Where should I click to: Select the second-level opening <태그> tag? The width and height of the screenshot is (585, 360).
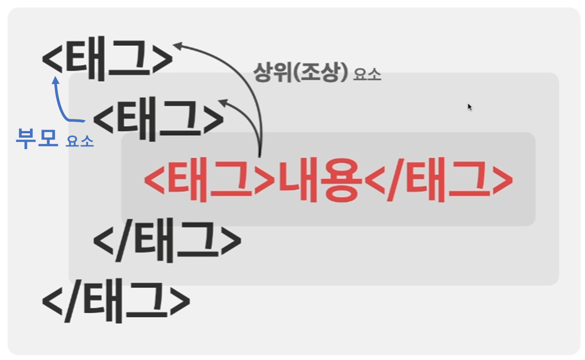pyautogui.click(x=158, y=118)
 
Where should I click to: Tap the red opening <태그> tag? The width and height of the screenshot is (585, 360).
pyautogui.click(x=208, y=180)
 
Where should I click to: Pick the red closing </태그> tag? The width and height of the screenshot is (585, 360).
pyautogui.click(x=438, y=180)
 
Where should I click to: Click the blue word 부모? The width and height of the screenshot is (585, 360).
pyautogui.click(x=37, y=138)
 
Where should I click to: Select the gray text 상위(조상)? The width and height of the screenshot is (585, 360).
pyautogui.click(x=300, y=71)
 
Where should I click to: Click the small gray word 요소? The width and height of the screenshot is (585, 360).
pyautogui.click(x=367, y=75)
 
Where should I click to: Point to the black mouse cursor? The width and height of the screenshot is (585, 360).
pyautogui.click(x=469, y=107)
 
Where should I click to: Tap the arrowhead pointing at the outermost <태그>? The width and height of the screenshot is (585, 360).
pyautogui.click(x=178, y=44)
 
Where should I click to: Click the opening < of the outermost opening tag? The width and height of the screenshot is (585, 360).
pyautogui.click(x=53, y=60)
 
